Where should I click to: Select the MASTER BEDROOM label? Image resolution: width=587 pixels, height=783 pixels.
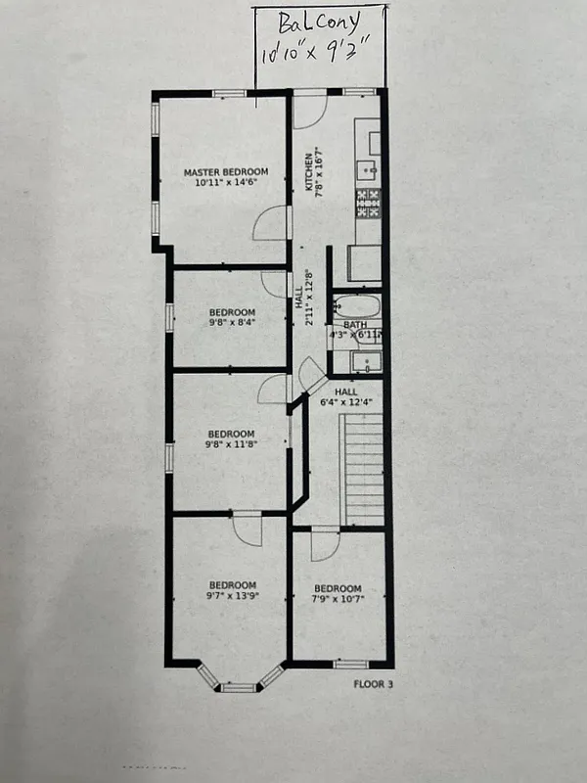[226, 172]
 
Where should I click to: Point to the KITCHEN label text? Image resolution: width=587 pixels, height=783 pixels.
[309, 172]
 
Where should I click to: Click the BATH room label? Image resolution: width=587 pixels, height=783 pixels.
[354, 324]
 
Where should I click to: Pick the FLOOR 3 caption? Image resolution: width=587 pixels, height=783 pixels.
[373, 684]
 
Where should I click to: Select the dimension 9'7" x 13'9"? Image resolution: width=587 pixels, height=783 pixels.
[231, 595]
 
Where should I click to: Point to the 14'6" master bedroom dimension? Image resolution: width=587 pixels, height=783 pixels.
[242, 182]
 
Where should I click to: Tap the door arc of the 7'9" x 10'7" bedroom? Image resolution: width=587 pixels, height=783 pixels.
[325, 546]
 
